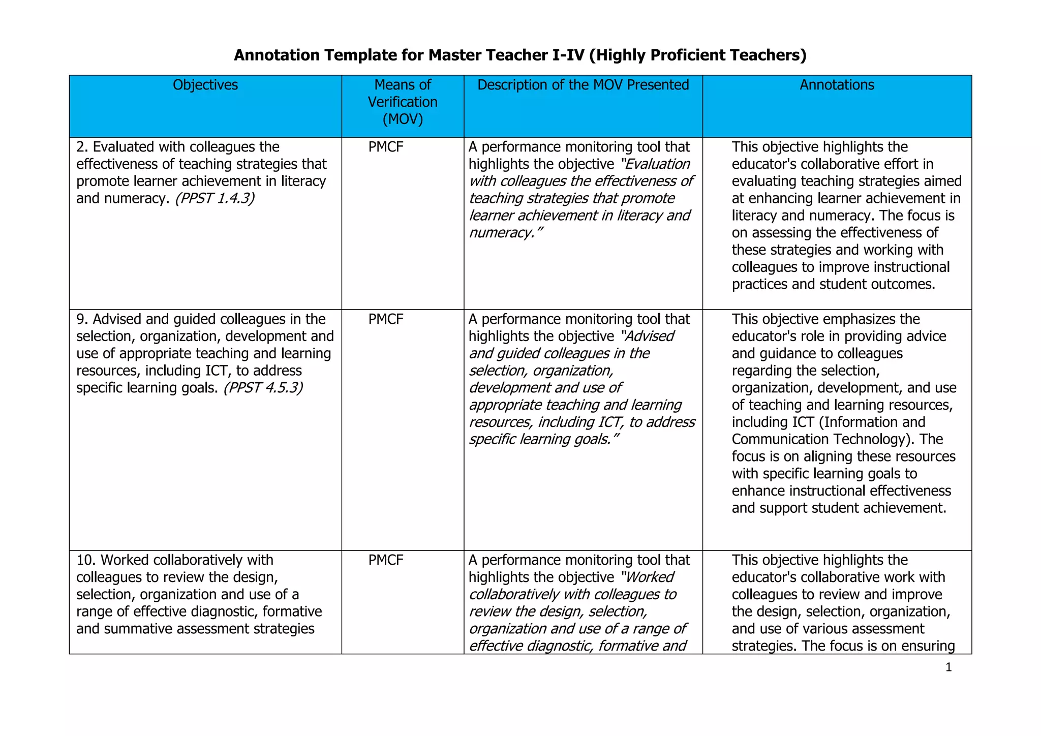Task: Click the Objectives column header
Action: [x=205, y=85]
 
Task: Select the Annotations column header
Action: [x=837, y=85]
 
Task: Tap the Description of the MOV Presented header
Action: [x=583, y=85]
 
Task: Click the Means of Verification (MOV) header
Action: [x=403, y=102]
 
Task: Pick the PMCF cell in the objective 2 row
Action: [x=386, y=147]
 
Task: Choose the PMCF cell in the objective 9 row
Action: [x=386, y=319]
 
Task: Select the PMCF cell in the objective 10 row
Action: [x=386, y=560]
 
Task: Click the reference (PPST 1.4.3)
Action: [x=215, y=198]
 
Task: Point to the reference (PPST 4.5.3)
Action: [x=263, y=388]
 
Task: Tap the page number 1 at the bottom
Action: [x=948, y=667]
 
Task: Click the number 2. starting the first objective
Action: [x=82, y=147]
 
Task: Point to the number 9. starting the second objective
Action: [x=82, y=319]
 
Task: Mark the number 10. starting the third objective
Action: [x=86, y=560]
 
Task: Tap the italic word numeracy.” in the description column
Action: [x=506, y=233]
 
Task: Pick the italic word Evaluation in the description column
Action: [x=656, y=164]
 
